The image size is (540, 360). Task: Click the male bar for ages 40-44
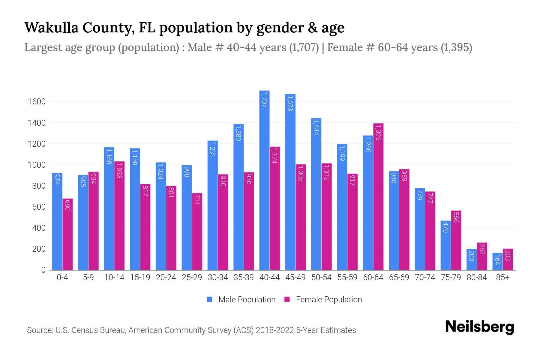click(x=264, y=180)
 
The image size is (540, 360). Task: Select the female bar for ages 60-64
click(x=378, y=196)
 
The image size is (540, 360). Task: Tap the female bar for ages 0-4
click(x=67, y=234)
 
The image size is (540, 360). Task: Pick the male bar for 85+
click(x=497, y=261)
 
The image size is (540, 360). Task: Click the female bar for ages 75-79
click(x=456, y=240)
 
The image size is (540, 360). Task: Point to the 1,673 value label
click(x=290, y=103)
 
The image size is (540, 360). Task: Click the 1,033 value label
click(x=119, y=170)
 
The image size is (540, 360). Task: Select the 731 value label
click(x=197, y=199)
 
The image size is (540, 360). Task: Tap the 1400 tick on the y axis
click(x=37, y=123)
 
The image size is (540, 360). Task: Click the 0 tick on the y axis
click(x=43, y=270)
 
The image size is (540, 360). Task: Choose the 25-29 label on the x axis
click(x=192, y=277)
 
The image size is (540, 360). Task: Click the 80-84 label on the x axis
click(x=477, y=277)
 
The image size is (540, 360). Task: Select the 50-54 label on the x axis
click(x=321, y=277)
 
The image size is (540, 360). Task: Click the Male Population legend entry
click(x=247, y=300)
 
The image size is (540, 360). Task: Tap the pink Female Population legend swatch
click(x=287, y=299)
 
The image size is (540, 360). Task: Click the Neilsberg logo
click(x=480, y=327)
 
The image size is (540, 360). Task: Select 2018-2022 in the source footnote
click(x=275, y=330)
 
